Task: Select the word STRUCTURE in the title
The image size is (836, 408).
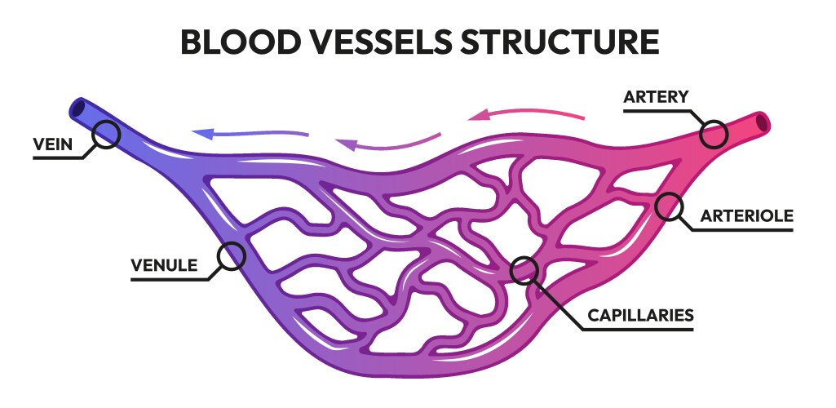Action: click(x=571, y=42)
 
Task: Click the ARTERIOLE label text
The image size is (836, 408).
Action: click(x=746, y=216)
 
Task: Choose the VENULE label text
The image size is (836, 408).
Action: click(x=164, y=265)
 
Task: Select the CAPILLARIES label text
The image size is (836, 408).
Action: click(x=640, y=314)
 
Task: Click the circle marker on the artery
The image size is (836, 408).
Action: click(x=714, y=134)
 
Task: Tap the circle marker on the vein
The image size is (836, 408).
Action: click(x=105, y=135)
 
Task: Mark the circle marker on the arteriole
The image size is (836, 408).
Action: click(x=670, y=206)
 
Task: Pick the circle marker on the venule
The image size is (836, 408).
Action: click(x=232, y=256)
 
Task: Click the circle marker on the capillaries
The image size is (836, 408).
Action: click(x=524, y=269)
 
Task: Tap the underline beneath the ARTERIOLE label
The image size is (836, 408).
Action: click(x=742, y=230)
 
